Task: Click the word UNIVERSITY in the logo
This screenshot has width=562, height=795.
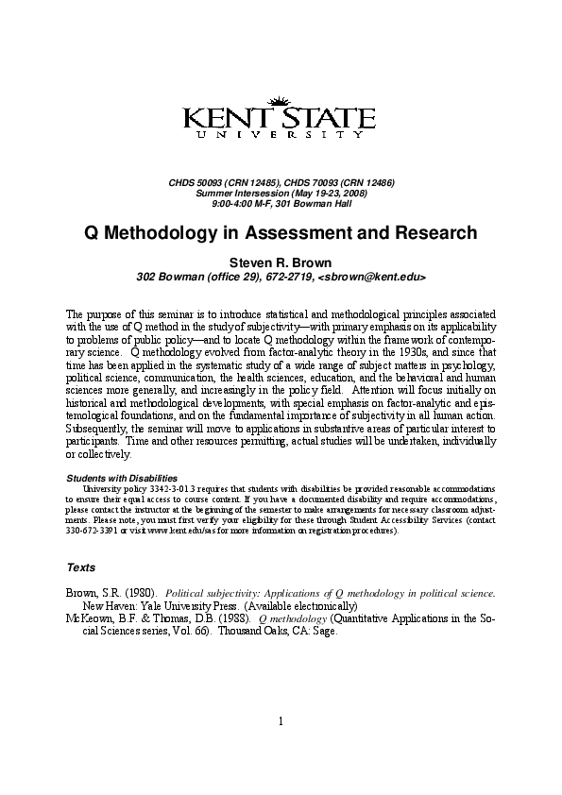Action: pos(280,135)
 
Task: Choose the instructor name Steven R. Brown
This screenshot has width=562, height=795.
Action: pos(281,262)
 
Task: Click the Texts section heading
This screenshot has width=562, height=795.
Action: pos(80,567)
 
